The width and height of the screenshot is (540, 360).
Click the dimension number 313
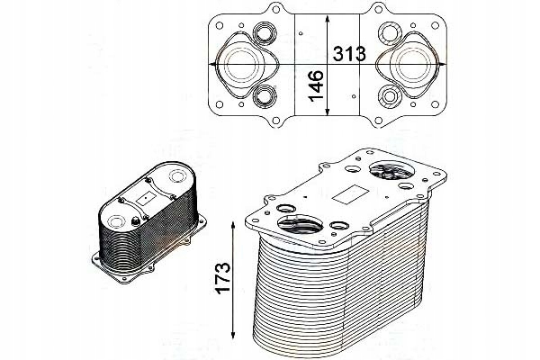[x=349, y=54]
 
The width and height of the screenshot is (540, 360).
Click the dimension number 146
[x=316, y=85]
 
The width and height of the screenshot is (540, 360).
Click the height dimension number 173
[x=222, y=278]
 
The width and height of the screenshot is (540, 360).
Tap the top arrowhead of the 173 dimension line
[x=233, y=225]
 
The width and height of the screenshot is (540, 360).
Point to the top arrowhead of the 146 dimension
[x=328, y=18]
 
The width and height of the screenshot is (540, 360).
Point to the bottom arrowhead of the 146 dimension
[x=328, y=112]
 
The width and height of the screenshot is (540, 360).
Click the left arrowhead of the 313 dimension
[x=213, y=64]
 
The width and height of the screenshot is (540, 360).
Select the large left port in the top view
[x=241, y=65]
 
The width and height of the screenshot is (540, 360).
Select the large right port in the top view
[x=413, y=65]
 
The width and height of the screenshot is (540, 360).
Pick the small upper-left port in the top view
[x=265, y=33]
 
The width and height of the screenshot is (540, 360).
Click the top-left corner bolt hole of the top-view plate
[x=220, y=25]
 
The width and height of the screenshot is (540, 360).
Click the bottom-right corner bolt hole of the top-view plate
[x=435, y=104]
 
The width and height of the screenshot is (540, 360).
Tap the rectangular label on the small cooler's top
[x=147, y=198]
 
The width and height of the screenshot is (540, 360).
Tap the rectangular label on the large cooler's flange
[x=349, y=193]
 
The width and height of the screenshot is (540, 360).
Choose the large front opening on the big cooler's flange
[x=301, y=225]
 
